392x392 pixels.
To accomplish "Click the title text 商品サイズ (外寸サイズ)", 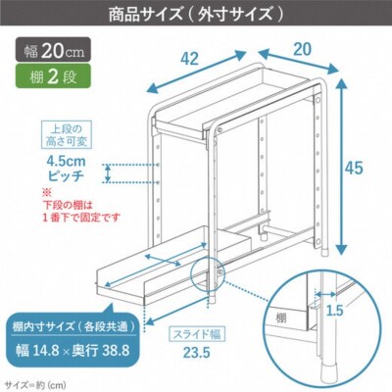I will (x=195, y=15).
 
